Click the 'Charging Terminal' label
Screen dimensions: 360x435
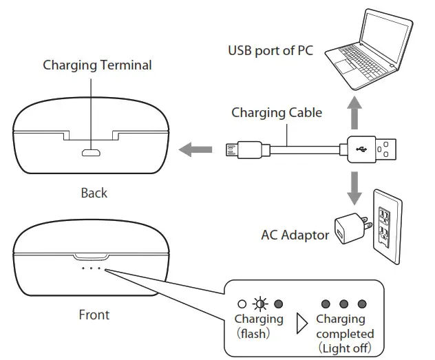(x=97, y=65)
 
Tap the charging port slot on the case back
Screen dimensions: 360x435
(x=91, y=152)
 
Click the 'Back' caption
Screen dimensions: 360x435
(x=94, y=193)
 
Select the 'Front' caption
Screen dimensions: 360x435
(x=94, y=315)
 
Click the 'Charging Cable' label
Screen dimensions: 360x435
(x=276, y=112)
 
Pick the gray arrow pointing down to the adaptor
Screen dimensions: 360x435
(x=354, y=187)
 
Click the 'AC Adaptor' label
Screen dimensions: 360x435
(x=295, y=235)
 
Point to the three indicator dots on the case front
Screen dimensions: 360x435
(x=91, y=268)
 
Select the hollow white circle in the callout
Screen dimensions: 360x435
(x=242, y=304)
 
